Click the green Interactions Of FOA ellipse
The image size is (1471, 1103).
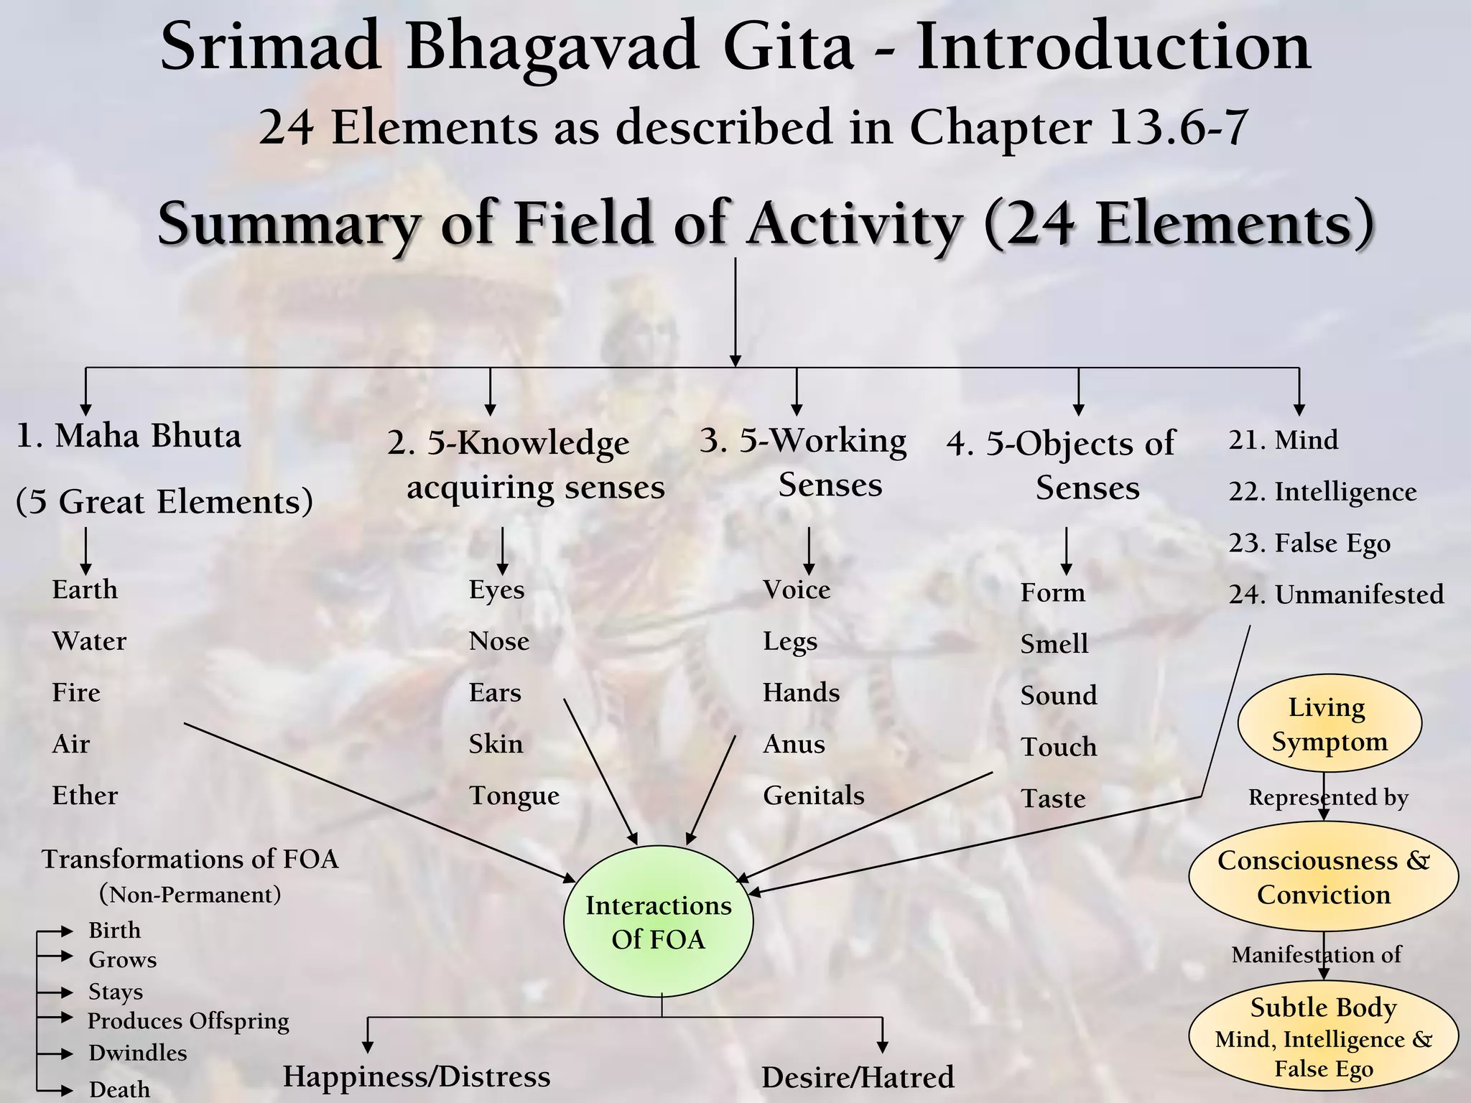[658, 922]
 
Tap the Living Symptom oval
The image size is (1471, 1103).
[1329, 724]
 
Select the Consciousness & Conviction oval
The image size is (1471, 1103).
[1323, 878]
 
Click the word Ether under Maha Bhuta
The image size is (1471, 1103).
[85, 796]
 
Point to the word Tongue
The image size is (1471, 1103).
[514, 796]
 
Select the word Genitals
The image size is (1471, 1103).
[813, 796]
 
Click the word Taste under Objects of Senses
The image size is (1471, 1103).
[1053, 799]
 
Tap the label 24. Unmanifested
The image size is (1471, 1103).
[1336, 595]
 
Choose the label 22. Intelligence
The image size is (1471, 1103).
[1322, 492]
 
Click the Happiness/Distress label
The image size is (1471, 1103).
[417, 1076]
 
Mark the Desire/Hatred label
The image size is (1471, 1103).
[858, 1078]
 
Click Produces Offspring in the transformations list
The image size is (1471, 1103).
[188, 1020]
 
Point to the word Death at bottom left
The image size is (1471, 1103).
[119, 1089]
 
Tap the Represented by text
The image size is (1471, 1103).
[1328, 797]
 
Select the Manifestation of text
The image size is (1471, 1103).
[1316, 954]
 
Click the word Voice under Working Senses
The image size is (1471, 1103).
[797, 590]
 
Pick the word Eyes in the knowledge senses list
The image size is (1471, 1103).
[496, 590]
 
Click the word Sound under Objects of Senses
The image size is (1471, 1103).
[1059, 695]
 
